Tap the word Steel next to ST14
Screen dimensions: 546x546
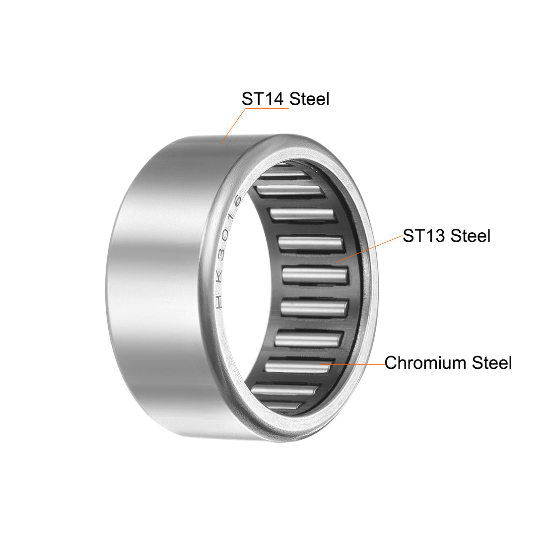coord(309,99)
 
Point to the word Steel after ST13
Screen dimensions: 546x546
coord(470,235)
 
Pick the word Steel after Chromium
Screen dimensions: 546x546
coord(491,363)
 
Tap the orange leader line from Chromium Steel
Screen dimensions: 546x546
coord(352,364)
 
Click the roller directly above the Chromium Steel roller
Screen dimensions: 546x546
coord(308,341)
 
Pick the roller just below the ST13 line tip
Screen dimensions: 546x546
coord(316,275)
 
